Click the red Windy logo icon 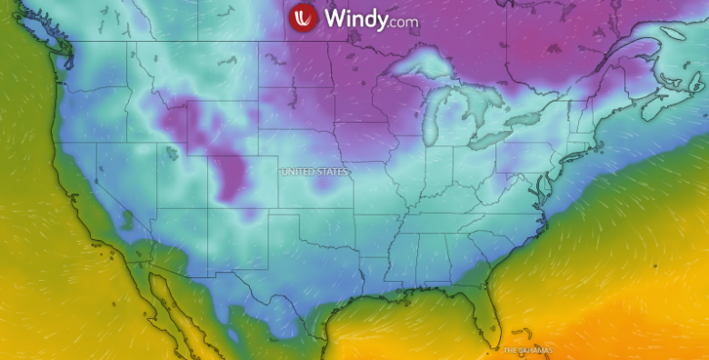point(303,17)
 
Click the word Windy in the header point(353,18)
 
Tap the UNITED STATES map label point(314,171)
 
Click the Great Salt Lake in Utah point(171,154)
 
